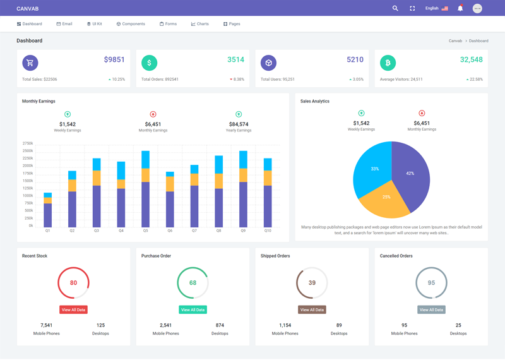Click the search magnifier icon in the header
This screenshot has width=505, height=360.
coord(395,8)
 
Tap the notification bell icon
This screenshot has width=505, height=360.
coord(460,8)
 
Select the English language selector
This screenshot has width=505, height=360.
coord(436,8)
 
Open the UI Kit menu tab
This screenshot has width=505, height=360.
coord(94,24)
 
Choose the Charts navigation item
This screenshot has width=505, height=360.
coord(200,24)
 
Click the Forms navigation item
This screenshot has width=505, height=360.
coord(168,24)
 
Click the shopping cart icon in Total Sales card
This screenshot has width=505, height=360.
coord(30,63)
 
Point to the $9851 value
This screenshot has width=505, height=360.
coord(114,60)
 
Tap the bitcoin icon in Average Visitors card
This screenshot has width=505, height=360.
coord(388,63)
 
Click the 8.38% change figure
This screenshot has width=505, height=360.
coord(237,80)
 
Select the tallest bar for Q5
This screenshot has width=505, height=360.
coord(145,189)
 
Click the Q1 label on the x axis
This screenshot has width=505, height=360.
coord(47,231)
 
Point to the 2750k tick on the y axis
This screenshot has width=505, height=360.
coord(28,143)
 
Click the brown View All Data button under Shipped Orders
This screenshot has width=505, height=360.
coord(312,310)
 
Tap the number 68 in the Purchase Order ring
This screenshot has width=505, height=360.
coord(193,283)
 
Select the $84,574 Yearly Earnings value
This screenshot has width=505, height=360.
coord(239,124)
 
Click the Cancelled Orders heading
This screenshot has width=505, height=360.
coord(396,256)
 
